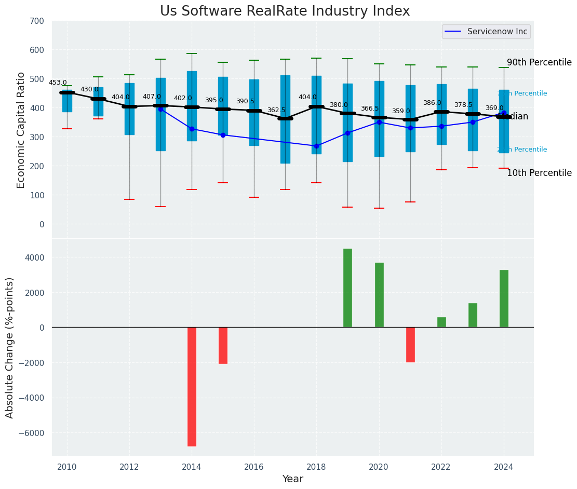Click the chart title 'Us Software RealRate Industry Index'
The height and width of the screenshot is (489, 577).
pyautogui.click(x=285, y=11)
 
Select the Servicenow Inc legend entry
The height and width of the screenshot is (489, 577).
pyautogui.click(x=486, y=32)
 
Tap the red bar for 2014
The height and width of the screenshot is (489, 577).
pyautogui.click(x=192, y=386)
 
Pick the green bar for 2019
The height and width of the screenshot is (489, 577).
pyautogui.click(x=347, y=288)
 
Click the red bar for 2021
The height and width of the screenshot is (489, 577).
pyautogui.click(x=410, y=345)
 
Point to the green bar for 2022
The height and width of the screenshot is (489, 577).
pyautogui.click(x=441, y=322)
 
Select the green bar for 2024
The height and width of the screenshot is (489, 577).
pyautogui.click(x=504, y=298)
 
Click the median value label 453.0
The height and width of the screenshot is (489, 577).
pyautogui.click(x=58, y=83)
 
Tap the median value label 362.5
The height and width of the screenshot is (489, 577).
pyautogui.click(x=276, y=110)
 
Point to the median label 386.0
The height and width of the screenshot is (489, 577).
pyautogui.click(x=432, y=103)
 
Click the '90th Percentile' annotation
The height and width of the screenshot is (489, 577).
pyautogui.click(x=539, y=62)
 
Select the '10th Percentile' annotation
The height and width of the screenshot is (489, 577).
pyautogui.click(x=539, y=173)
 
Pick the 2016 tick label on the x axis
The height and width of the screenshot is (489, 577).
pyautogui.click(x=254, y=467)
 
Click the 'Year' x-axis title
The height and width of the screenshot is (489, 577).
pyautogui.click(x=293, y=479)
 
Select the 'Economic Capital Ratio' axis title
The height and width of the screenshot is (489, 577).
pyautogui.click(x=21, y=129)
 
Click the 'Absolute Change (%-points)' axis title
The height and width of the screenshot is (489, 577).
pyautogui.click(x=10, y=347)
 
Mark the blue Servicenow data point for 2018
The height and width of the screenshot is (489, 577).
pyautogui.click(x=316, y=146)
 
